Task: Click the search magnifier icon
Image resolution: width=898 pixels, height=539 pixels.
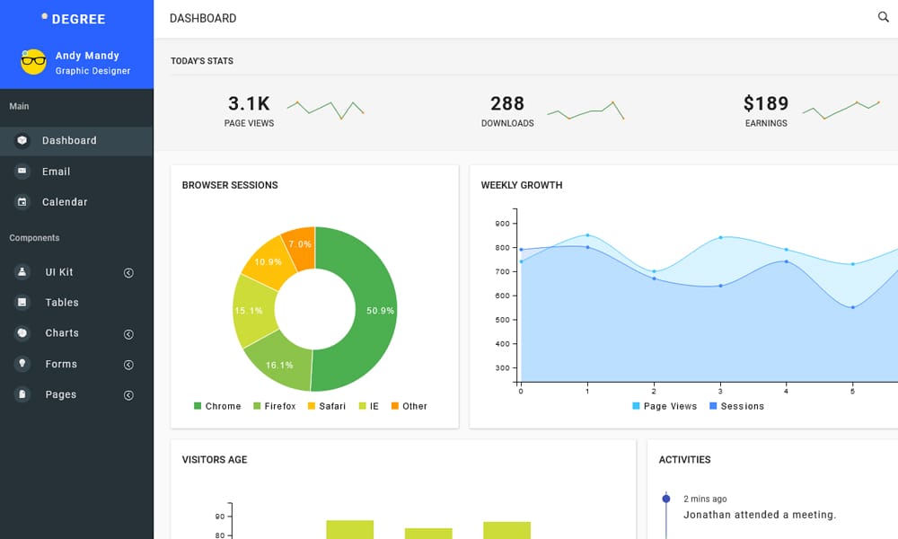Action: pos(883,17)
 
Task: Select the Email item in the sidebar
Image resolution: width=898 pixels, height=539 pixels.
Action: pos(56,172)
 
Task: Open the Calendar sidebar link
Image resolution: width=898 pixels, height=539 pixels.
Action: pos(65,202)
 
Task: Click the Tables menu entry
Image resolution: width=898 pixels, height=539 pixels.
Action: pos(62,303)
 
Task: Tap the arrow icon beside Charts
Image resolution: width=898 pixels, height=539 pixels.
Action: pos(128,334)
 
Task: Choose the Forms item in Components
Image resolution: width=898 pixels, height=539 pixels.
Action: pos(61,364)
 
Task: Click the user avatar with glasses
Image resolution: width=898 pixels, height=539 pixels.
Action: pos(33,62)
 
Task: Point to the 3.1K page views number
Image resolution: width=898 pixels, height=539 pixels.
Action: pos(249,104)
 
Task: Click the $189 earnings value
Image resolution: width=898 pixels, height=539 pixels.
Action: pos(766,104)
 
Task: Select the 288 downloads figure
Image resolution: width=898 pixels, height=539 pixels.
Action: pos(507,104)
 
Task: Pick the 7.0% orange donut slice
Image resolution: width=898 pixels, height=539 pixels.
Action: pos(300,244)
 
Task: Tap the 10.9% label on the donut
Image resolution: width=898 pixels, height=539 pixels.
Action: pos(269,262)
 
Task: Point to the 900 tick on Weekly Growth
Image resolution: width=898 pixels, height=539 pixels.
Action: pos(502,224)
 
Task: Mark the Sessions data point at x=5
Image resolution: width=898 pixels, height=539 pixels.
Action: pos(852,307)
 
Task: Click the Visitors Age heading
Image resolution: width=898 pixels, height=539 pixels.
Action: pos(215,460)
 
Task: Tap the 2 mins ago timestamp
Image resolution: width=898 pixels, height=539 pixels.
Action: pos(705,499)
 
